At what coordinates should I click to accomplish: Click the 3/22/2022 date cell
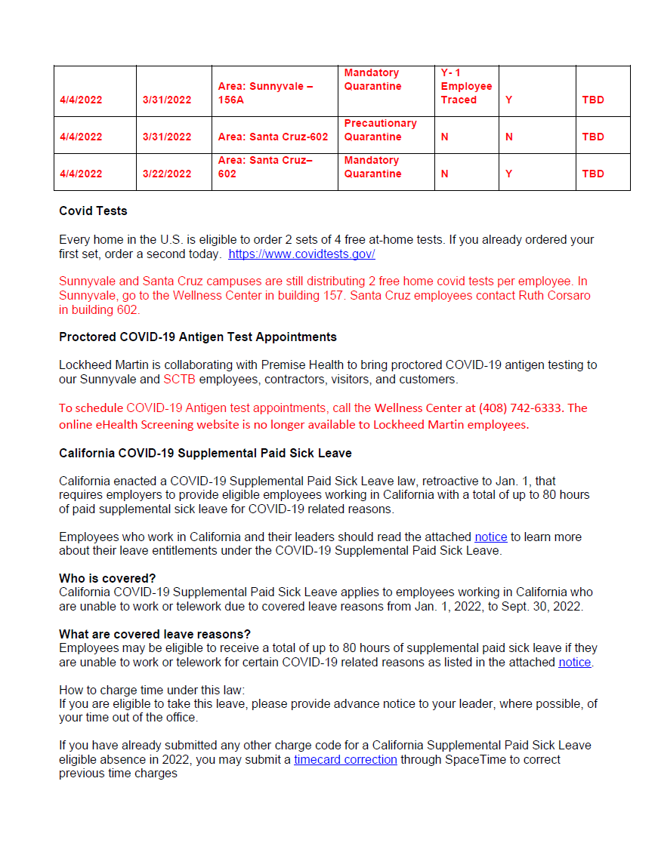click(167, 174)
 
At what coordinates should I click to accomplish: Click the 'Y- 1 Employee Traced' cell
click(466, 86)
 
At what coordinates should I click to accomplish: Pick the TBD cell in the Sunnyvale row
click(593, 100)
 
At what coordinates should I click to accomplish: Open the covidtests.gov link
click(301, 254)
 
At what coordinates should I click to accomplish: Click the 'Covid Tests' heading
click(93, 211)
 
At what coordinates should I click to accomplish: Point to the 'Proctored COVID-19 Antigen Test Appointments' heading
click(198, 337)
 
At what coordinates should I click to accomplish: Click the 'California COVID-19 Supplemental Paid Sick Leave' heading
click(205, 453)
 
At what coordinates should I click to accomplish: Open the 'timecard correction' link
click(345, 759)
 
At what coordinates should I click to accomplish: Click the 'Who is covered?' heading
click(107, 579)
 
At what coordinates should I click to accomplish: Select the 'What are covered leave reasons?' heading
click(155, 634)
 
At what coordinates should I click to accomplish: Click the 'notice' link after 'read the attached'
click(490, 537)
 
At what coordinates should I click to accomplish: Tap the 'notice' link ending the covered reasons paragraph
click(574, 662)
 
